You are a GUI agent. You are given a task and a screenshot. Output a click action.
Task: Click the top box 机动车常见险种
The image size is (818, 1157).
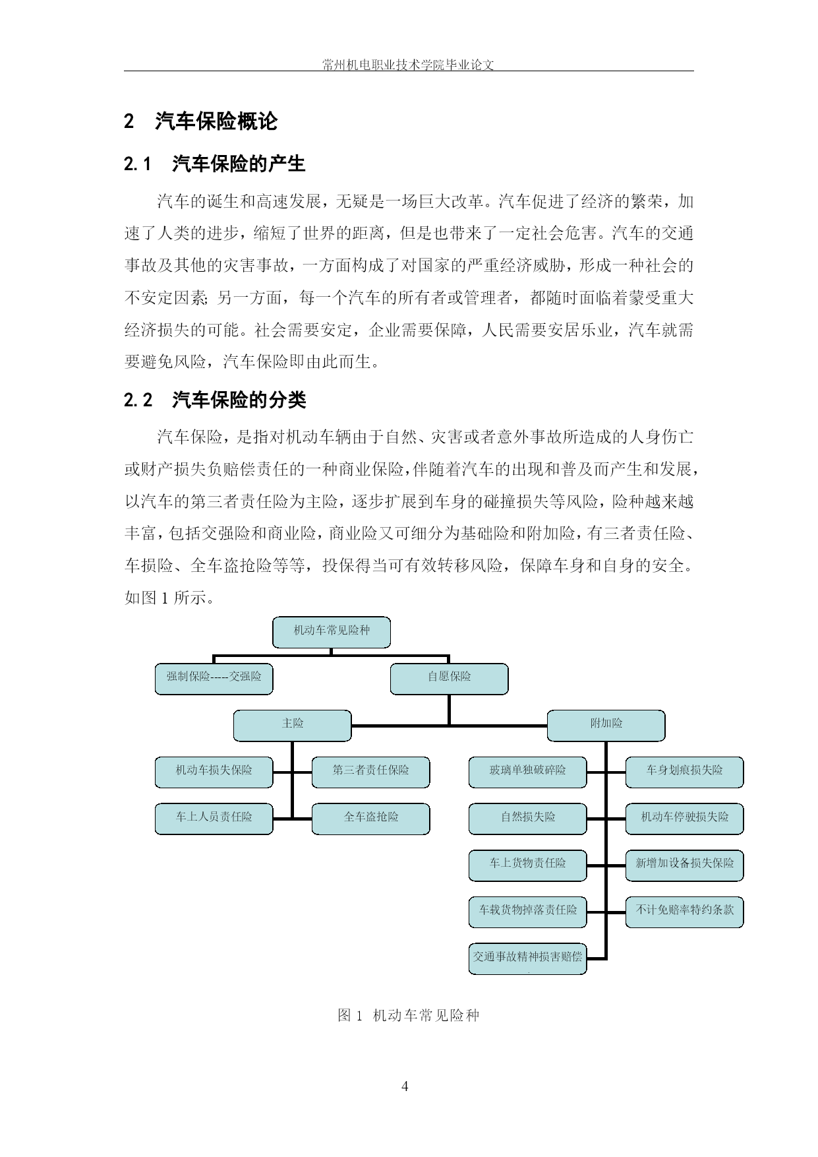point(332,632)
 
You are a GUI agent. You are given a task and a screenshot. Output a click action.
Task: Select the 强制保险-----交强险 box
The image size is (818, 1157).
point(214,679)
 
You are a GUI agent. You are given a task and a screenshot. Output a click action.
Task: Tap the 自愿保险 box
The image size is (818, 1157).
point(449,679)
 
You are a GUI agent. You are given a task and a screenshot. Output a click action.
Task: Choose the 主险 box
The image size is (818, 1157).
point(292,726)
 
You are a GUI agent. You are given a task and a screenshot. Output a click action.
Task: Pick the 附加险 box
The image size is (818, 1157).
point(606,726)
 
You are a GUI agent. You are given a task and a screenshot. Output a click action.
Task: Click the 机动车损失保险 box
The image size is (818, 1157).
point(214,772)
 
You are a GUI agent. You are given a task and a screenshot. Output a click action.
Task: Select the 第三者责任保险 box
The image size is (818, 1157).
point(370,772)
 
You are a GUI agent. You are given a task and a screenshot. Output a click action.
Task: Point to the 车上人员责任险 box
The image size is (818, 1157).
point(214,819)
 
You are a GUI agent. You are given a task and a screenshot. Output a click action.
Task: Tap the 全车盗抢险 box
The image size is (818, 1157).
point(370,819)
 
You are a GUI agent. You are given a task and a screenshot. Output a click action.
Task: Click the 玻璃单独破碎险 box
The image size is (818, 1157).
point(527,772)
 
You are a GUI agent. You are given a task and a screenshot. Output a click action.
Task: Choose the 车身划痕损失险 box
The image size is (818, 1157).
point(684,772)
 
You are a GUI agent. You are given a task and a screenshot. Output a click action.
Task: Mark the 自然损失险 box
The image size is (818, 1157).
point(527,819)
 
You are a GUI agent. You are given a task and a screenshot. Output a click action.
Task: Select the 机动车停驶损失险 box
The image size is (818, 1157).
point(684,819)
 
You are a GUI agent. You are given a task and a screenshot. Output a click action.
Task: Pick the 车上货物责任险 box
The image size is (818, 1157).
point(527,865)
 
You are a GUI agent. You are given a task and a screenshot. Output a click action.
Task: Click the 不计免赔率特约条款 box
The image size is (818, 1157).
point(684,912)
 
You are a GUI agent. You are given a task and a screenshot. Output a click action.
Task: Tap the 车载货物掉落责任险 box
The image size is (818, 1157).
point(527,912)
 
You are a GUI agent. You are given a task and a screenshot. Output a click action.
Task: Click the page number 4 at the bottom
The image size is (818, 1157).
point(405,1086)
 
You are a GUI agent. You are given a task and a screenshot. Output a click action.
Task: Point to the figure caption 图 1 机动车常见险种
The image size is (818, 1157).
point(409,1015)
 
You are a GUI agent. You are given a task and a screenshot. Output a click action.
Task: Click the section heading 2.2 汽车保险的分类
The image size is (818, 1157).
point(215,400)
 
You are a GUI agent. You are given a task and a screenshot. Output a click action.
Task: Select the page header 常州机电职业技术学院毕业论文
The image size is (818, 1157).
point(409,65)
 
